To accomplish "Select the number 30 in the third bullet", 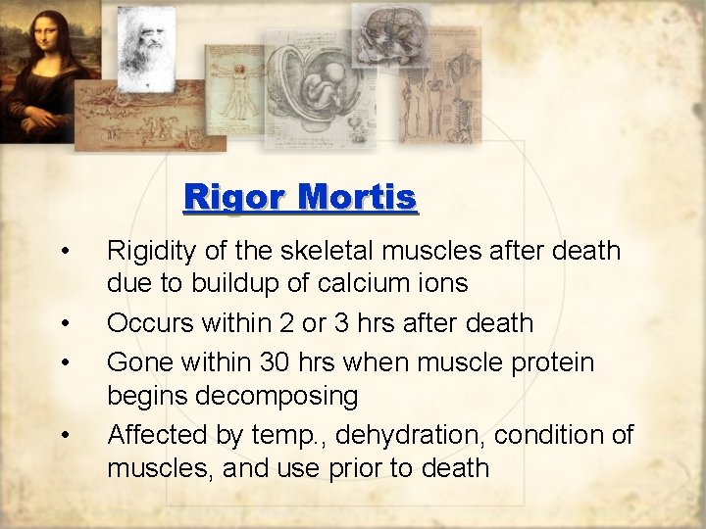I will [x=277, y=362].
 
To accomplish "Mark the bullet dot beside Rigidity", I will [x=64, y=252].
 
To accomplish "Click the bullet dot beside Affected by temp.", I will [x=64, y=435].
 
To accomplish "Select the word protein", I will [x=544, y=362].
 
